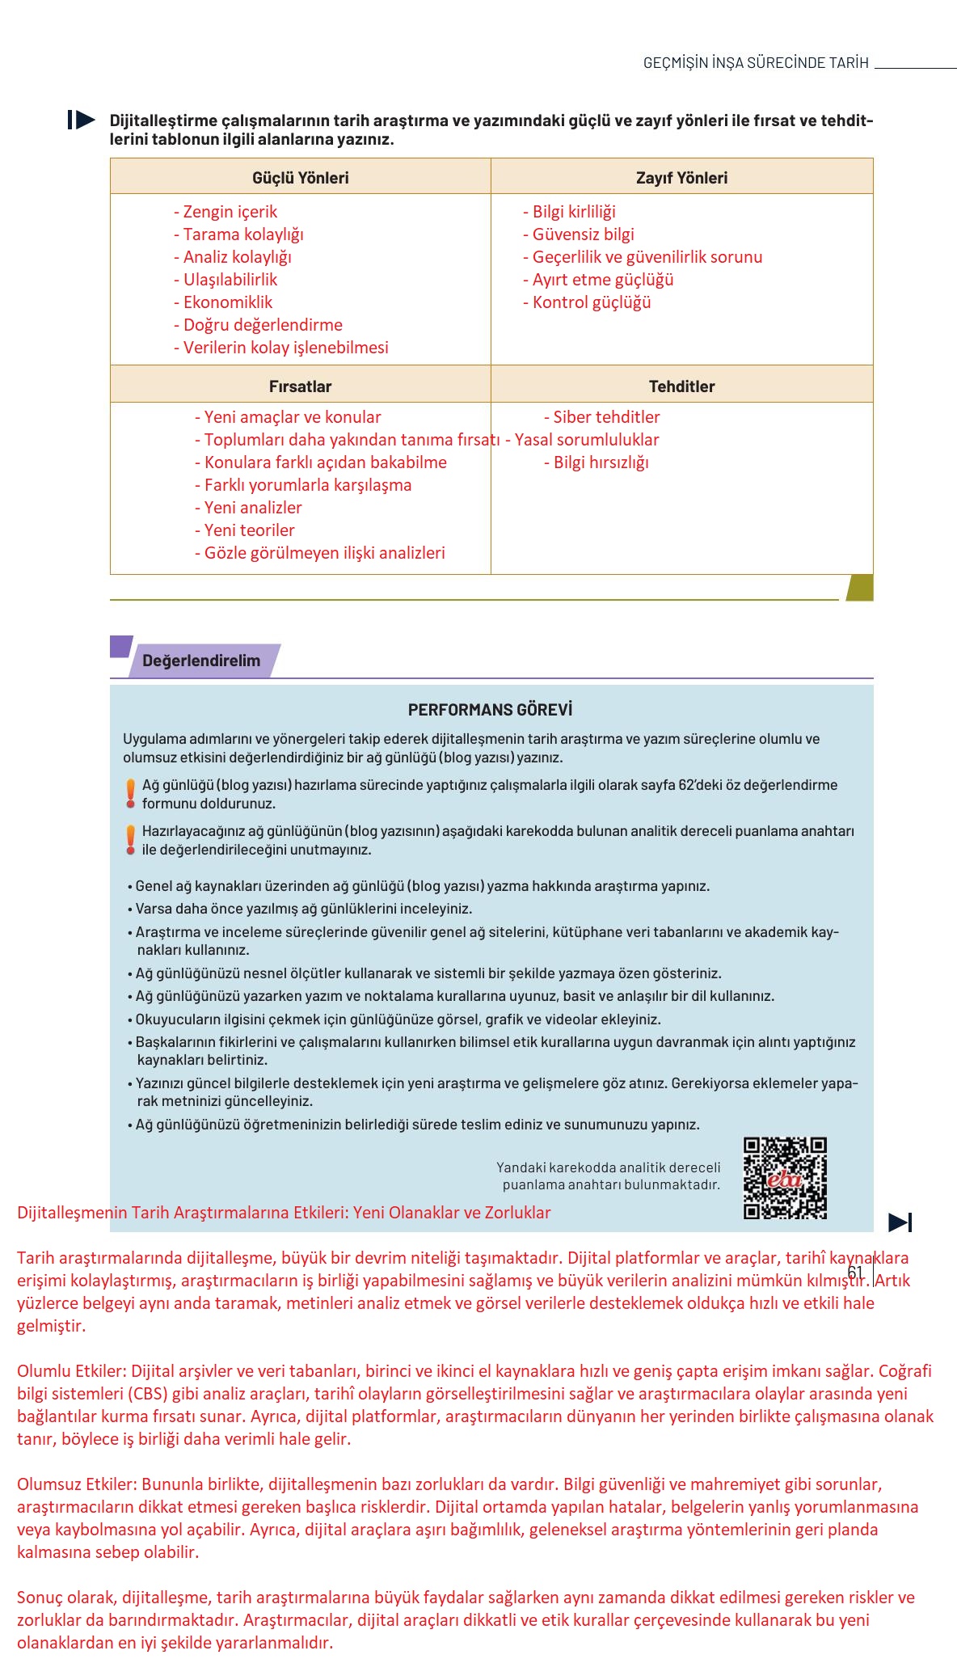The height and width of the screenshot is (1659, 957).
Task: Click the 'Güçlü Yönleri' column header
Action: [x=300, y=178]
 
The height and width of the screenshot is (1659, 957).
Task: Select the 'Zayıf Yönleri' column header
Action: [x=681, y=178]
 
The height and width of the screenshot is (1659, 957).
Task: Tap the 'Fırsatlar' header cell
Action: [x=300, y=386]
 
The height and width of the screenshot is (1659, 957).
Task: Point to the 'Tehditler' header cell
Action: [x=681, y=386]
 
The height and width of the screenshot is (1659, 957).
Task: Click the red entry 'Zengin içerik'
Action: [x=226, y=212]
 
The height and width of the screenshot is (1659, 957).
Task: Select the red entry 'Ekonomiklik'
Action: [x=223, y=302]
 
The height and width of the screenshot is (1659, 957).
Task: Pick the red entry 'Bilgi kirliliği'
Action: [x=569, y=212]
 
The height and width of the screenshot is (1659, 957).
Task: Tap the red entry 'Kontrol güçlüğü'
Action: [x=587, y=302]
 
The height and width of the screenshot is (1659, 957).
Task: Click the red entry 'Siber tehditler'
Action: [x=602, y=417]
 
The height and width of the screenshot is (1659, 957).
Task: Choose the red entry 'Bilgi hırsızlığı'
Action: [x=597, y=462]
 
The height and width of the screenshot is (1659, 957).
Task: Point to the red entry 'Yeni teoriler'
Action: [x=245, y=530]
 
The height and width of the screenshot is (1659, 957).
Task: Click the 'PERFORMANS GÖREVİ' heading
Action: [x=490, y=710]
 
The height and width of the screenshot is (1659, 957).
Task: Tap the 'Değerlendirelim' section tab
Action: [x=201, y=661]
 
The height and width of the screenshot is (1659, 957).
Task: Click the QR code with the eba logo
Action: [x=785, y=1178]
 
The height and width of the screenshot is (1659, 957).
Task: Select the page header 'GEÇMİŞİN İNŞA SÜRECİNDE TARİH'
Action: [x=756, y=63]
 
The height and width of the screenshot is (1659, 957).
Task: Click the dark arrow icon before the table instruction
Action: [x=82, y=120]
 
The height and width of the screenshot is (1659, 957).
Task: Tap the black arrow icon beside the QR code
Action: [x=900, y=1222]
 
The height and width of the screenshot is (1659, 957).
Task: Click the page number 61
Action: [x=855, y=1273]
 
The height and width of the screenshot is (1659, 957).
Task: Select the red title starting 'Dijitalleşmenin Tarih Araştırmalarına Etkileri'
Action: [x=284, y=1213]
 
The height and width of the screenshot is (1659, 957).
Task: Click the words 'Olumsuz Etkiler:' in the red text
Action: [x=78, y=1484]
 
